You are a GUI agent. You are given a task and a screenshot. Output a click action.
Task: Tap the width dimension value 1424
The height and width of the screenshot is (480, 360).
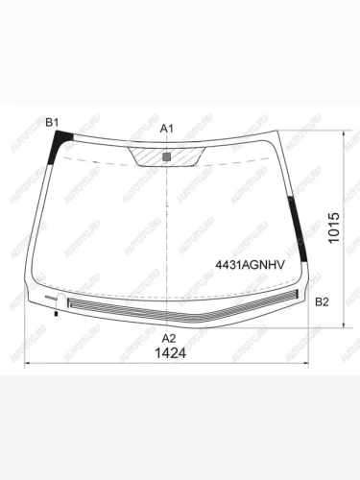point(168,352)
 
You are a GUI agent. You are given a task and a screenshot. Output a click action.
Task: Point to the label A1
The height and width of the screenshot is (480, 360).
point(167,128)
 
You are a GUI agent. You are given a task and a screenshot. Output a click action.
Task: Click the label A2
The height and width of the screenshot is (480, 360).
point(168,337)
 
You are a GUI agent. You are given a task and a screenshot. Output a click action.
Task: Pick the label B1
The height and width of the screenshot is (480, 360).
point(54,121)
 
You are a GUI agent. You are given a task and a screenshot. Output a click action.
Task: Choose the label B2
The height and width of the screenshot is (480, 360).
point(323,302)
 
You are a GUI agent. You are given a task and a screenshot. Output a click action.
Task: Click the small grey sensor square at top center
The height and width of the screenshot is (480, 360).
point(167,155)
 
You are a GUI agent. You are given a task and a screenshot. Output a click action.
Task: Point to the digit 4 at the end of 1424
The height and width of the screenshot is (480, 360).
point(180,352)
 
